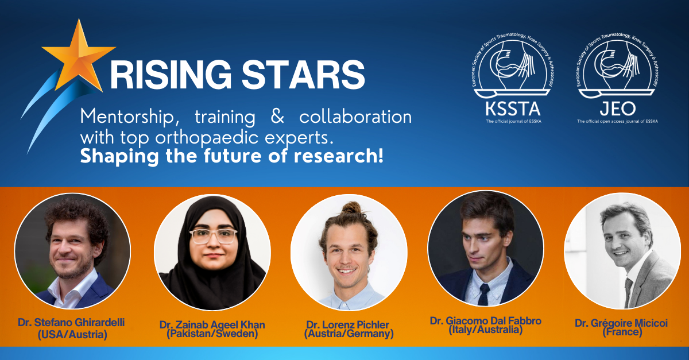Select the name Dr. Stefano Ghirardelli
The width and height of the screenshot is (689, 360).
(x=71, y=323)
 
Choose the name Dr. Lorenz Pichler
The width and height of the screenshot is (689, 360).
(x=349, y=324)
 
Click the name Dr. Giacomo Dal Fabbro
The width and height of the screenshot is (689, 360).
(x=485, y=320)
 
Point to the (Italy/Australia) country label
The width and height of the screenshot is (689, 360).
(x=485, y=330)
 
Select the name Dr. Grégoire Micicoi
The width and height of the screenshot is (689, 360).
(x=621, y=323)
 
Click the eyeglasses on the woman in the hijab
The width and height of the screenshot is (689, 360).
(x=213, y=236)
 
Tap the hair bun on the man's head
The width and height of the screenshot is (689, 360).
(x=350, y=207)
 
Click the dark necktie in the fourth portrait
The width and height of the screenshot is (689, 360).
(x=483, y=293)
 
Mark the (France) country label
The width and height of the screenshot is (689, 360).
(x=621, y=332)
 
